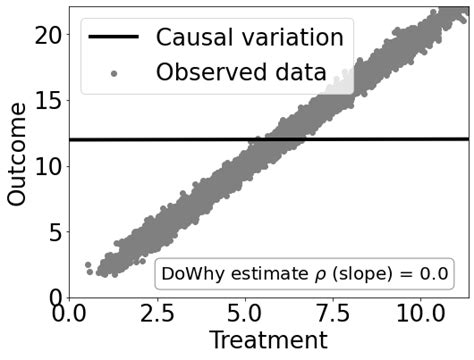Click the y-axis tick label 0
[54, 297]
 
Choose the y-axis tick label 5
[54, 231]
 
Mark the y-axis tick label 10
[46, 165]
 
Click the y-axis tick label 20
[46, 34]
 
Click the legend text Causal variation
[249, 38]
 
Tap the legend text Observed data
[240, 72]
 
